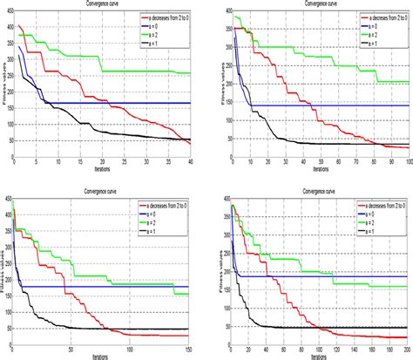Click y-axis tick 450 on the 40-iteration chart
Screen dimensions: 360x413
pyautogui.click(x=8, y=11)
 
